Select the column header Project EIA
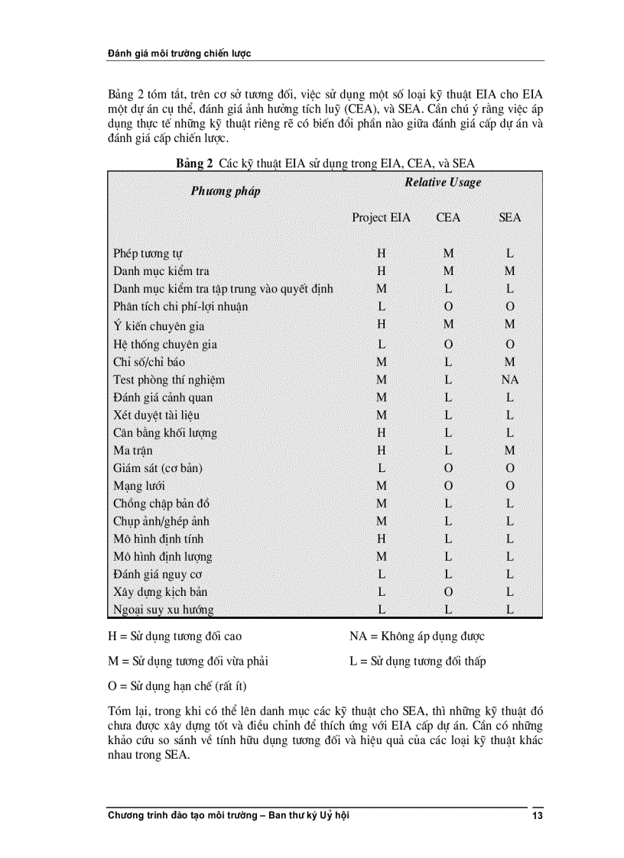pyautogui.click(x=381, y=218)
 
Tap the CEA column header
pyautogui.click(x=448, y=218)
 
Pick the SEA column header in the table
pyautogui.click(x=509, y=218)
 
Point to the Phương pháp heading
pyautogui.click(x=226, y=191)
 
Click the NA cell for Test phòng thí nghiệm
pyautogui.click(x=509, y=380)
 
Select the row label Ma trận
pyautogui.click(x=133, y=451)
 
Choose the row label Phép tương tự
pyautogui.click(x=148, y=254)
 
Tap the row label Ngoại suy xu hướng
pyautogui.click(x=164, y=610)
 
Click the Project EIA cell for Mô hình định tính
pyautogui.click(x=381, y=539)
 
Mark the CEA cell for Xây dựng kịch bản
pyautogui.click(x=448, y=592)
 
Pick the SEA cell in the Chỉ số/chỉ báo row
pyautogui.click(x=509, y=362)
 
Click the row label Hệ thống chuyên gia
pyautogui.click(x=165, y=345)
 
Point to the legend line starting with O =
pyautogui.click(x=177, y=685)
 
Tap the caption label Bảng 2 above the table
pyautogui.click(x=194, y=163)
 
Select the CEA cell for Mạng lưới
pyautogui.click(x=448, y=486)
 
